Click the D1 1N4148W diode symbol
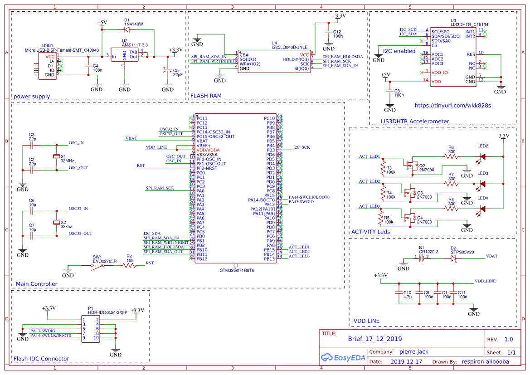[126, 29]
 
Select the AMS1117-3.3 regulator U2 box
[125, 57]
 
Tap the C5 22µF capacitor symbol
[168, 70]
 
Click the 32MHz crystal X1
[57, 156]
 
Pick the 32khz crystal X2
[57, 222]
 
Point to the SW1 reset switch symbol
[97, 266]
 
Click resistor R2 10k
[129, 266]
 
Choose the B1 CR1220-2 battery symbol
[423, 258]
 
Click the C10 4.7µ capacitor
[399, 292]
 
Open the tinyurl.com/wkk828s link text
[453, 106]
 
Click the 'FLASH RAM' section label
[206, 96]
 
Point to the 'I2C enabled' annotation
[399, 51]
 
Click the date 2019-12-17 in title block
[406, 362]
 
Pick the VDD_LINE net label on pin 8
[156, 148]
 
